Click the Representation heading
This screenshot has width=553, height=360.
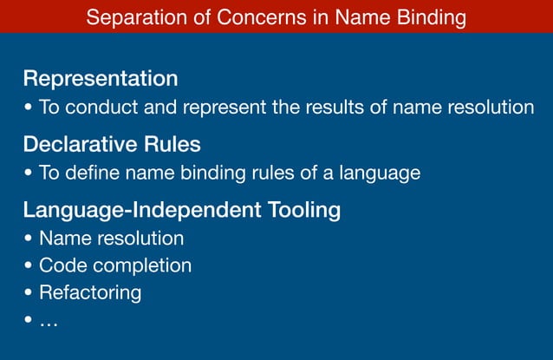[101, 79]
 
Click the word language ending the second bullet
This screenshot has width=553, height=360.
[381, 173]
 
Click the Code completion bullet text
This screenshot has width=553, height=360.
[115, 265]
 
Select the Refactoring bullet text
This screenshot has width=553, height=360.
[90, 293]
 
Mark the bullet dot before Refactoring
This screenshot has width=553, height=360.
[29, 293]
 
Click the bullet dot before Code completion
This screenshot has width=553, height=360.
[29, 265]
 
